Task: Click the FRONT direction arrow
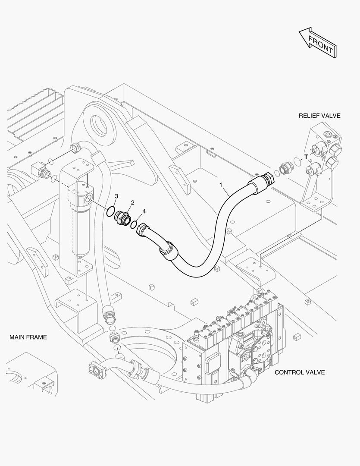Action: [x=317, y=42]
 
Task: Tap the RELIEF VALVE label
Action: [x=319, y=116]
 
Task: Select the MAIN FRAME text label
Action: [x=28, y=337]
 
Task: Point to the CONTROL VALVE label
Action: [x=299, y=372]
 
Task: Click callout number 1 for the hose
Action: [x=221, y=185]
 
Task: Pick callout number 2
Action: [x=132, y=203]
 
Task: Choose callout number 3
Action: [x=116, y=196]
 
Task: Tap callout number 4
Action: [x=144, y=211]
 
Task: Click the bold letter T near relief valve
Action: [x=306, y=157]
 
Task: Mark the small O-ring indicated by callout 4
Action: [x=134, y=225]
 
